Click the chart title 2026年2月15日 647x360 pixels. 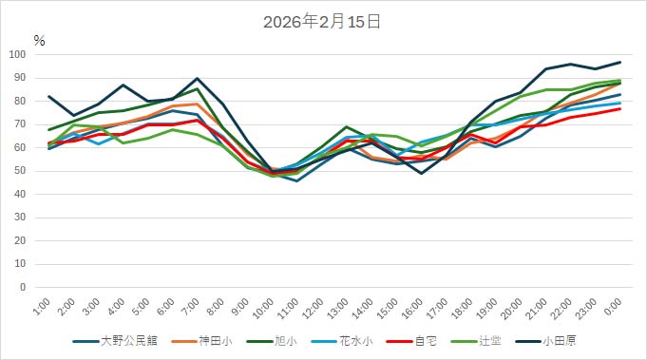(322, 22)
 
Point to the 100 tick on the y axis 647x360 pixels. (18, 54)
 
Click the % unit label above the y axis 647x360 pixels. (39, 40)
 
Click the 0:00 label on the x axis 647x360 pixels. (616, 307)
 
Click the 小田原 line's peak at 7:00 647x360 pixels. (198, 78)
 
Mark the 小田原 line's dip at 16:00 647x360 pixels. (421, 173)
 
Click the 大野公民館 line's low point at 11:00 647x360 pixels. (297, 180)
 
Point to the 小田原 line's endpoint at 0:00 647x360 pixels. (620, 62)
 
